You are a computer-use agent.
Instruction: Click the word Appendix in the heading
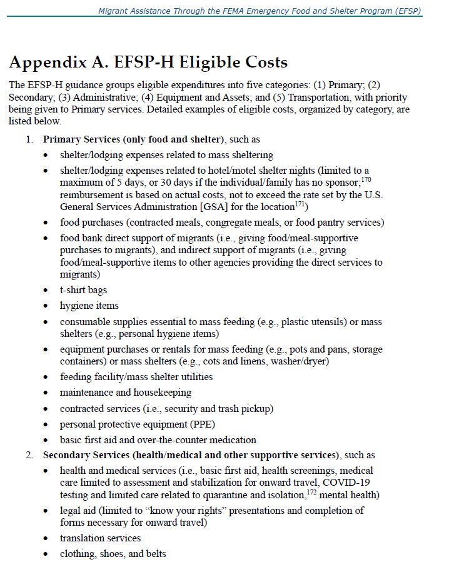pos(48,63)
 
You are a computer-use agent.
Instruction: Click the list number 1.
pos(29,139)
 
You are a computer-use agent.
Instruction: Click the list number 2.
pos(29,454)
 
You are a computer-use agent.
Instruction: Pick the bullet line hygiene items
pos(89,306)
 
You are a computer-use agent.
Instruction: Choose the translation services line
pos(100,538)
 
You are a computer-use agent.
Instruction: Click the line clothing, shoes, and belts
pos(113,553)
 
